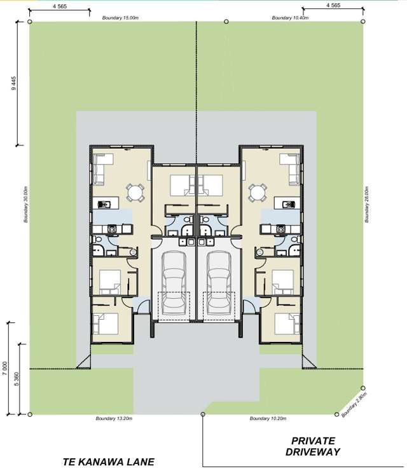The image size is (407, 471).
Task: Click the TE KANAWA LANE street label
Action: (x=108, y=462)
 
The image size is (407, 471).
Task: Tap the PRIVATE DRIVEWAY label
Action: (x=313, y=446)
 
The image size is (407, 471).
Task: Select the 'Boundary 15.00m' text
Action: (x=120, y=18)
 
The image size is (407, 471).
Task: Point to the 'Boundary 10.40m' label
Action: (x=290, y=18)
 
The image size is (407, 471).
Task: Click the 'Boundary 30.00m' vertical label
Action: (x=26, y=204)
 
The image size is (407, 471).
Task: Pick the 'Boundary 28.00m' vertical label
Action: (x=368, y=204)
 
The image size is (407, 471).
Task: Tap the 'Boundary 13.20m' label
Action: (x=114, y=419)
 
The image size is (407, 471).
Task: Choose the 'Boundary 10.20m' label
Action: (x=268, y=419)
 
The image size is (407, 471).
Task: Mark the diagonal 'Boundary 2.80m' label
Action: (x=354, y=405)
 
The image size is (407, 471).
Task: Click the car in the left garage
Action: (x=174, y=283)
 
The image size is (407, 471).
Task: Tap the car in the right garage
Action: (x=219, y=283)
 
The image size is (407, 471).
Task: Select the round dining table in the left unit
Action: (x=134, y=191)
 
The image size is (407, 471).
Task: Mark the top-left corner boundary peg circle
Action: (x=31, y=21)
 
